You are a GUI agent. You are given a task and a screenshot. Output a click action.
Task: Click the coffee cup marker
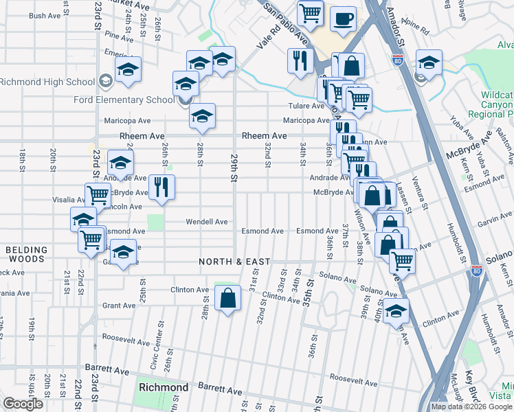(x=343, y=19)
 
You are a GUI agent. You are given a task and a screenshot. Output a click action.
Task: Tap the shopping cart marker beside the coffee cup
(x=310, y=12)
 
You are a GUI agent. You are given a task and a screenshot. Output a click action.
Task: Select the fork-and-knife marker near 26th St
(x=161, y=187)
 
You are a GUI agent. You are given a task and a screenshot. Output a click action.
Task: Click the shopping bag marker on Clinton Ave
(x=227, y=298)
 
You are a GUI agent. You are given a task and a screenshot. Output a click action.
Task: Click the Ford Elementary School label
(x=124, y=100)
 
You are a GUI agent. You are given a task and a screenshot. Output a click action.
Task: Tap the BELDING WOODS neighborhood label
(x=27, y=255)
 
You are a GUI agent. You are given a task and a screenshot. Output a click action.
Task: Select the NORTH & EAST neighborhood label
(x=234, y=262)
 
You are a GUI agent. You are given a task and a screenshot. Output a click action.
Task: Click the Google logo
(x=23, y=404)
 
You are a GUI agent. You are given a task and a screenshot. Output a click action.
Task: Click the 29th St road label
(x=234, y=168)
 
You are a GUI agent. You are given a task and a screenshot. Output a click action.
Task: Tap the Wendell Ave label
(x=207, y=222)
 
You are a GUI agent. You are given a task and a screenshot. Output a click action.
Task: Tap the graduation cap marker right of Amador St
(x=428, y=63)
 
